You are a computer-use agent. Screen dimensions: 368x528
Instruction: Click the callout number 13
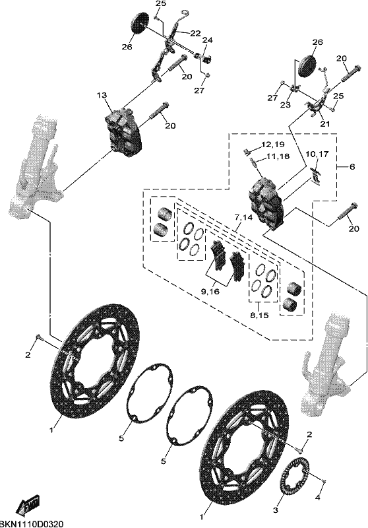102,96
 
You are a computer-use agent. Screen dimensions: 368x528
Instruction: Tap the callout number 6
352,167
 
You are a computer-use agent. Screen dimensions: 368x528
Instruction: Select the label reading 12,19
273,145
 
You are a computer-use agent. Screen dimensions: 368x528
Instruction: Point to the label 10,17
317,154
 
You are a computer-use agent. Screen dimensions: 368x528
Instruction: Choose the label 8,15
259,316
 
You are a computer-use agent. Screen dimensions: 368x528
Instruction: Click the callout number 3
276,511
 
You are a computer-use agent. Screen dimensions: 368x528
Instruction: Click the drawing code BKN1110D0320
31,523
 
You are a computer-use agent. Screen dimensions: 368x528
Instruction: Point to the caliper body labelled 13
124,133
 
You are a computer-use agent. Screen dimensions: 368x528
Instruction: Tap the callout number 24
208,40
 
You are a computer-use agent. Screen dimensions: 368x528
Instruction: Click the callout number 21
325,123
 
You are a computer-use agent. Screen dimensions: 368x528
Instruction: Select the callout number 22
195,34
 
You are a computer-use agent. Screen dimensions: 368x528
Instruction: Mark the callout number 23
286,106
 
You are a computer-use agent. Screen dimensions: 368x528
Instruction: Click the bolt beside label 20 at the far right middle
346,213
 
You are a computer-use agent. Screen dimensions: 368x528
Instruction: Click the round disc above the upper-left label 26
139,23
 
